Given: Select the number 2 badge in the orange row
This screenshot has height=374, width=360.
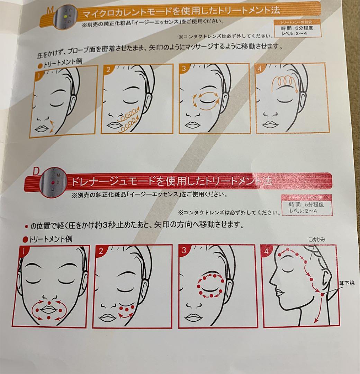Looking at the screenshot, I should coord(108,70).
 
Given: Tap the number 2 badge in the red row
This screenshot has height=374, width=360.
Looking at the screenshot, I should coord(100,251).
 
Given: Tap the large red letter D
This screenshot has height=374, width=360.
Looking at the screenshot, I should coord(35,171).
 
